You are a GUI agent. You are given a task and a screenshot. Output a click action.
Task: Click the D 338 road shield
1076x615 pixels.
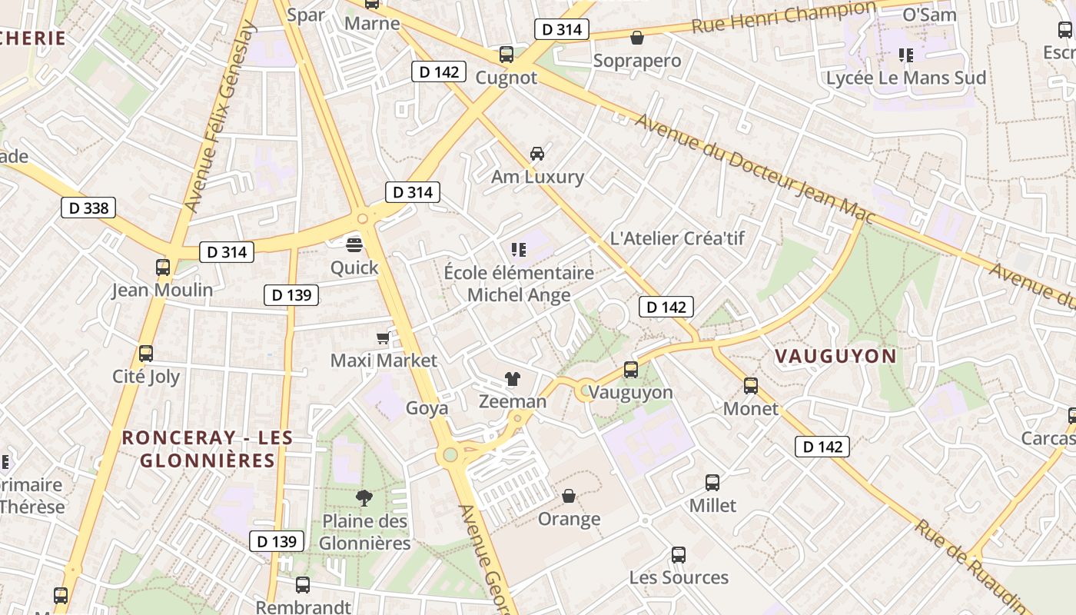tap(88, 208)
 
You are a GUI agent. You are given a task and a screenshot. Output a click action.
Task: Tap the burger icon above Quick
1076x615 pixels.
tap(354, 245)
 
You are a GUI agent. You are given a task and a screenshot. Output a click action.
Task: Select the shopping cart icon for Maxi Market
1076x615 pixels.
tap(383, 337)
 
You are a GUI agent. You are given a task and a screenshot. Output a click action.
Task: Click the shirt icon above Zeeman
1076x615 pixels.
tap(512, 378)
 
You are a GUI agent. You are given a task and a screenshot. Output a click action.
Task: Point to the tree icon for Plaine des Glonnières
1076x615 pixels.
tap(364, 498)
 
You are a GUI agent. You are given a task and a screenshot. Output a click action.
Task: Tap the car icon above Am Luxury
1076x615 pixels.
tap(537, 153)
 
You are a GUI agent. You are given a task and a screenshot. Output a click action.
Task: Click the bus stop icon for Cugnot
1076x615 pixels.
tap(506, 55)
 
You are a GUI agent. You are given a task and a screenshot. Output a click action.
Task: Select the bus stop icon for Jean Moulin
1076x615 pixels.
tap(162, 268)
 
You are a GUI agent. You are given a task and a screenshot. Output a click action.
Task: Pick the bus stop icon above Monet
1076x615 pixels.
tap(751, 386)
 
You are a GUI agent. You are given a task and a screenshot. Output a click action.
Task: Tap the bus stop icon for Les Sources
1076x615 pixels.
tap(678, 555)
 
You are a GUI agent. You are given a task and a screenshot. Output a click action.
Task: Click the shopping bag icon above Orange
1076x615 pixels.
tap(569, 496)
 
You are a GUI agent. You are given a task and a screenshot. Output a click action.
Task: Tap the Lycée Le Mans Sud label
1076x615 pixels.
tap(905, 78)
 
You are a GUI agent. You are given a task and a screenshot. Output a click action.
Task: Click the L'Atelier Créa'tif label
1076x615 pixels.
tap(676, 238)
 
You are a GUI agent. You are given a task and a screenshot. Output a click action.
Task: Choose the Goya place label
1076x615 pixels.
tap(427, 408)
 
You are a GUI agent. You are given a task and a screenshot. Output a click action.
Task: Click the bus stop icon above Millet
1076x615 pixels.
tap(712, 483)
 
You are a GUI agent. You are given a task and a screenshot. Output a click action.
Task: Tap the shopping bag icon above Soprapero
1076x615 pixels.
tap(637, 38)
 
